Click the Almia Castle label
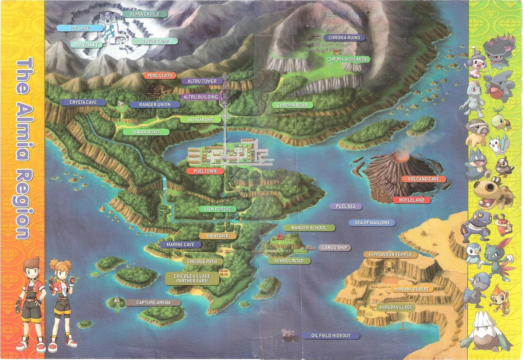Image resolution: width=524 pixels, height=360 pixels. coord(142,14)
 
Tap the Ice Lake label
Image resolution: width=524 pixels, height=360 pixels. coord(80,28)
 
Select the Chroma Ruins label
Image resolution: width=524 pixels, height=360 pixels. coord(345,38)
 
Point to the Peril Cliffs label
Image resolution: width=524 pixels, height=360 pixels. coord(161,75)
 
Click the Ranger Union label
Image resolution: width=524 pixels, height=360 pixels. coord(149,105)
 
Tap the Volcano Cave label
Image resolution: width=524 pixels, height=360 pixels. coord(424,179)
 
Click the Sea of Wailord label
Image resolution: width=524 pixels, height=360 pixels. coord(372,223)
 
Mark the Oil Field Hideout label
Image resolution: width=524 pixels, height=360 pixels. coord(331,336)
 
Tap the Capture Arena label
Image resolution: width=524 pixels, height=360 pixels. coord(148,302)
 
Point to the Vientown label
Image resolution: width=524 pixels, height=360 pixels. coord(217,236)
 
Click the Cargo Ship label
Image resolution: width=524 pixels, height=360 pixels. coord(335,247)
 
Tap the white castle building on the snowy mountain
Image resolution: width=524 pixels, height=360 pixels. coord(107,18)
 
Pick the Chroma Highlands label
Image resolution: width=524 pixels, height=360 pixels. coord(348,59)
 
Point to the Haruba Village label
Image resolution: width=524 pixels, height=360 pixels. coord(396,307)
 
